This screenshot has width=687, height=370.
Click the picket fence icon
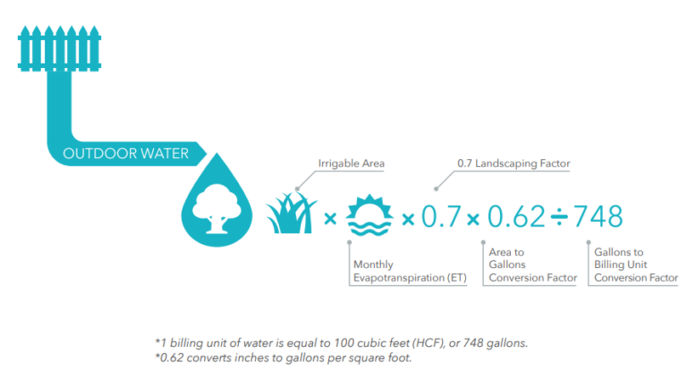click(59, 48)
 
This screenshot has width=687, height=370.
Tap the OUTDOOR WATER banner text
click(126, 154)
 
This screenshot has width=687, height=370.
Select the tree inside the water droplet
click(216, 207)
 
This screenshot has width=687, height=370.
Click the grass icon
click(292, 214)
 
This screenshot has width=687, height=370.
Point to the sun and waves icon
click(369, 215)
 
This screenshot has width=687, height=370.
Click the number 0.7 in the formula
click(441, 217)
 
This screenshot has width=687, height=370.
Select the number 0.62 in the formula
click(516, 217)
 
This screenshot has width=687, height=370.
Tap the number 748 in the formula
click(598, 217)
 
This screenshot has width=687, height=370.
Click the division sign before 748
click(559, 218)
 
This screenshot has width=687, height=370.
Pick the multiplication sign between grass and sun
click(330, 218)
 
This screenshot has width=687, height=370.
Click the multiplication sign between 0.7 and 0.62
click(473, 219)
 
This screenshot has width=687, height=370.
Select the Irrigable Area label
click(351, 164)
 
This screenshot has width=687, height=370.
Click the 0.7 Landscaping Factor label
click(513, 164)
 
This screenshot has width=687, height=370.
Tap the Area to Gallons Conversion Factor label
click(533, 265)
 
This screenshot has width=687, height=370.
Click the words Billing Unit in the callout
click(621, 265)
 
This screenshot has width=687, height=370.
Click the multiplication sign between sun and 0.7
click(408, 219)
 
